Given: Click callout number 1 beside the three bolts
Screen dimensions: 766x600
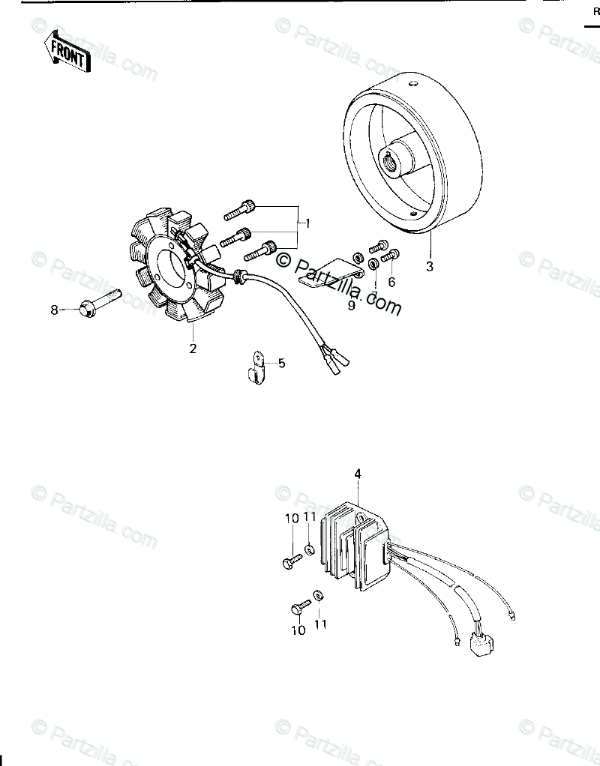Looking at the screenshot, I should tap(307, 223).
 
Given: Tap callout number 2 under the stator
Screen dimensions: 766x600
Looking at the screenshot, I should tap(193, 349).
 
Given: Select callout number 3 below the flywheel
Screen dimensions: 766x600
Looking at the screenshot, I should tap(430, 265).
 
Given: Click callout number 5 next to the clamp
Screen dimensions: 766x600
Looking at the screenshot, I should tap(282, 363).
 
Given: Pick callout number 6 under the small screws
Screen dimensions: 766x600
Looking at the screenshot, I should tap(391, 282).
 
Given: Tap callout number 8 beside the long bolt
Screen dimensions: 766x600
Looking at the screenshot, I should tap(54, 310).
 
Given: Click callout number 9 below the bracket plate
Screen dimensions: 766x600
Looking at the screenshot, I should tap(351, 305).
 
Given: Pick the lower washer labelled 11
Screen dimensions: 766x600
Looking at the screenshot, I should tap(318, 594).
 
